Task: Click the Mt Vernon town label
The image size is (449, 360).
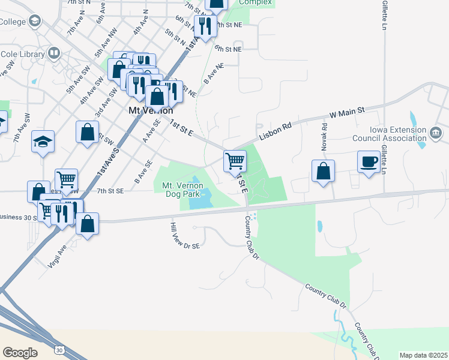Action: click(x=151, y=111)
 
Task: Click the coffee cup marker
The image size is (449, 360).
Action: click(x=369, y=161)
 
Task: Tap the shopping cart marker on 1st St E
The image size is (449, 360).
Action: click(x=235, y=160)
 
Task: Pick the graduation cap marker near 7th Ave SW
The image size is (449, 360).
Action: click(x=43, y=141)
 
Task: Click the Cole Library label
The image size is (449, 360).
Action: click(x=23, y=54)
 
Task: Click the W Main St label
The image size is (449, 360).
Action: click(x=347, y=112)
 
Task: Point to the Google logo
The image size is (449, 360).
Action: click(x=20, y=352)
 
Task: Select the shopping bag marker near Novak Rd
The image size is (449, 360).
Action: click(x=323, y=171)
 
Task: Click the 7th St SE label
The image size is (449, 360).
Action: click(x=110, y=191)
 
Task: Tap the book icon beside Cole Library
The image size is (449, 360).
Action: click(x=55, y=54)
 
